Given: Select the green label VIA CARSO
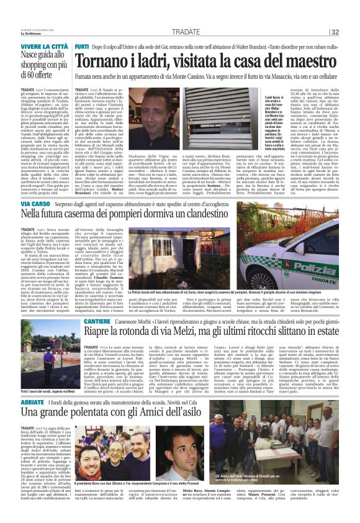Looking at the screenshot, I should [x=19, y=203].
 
